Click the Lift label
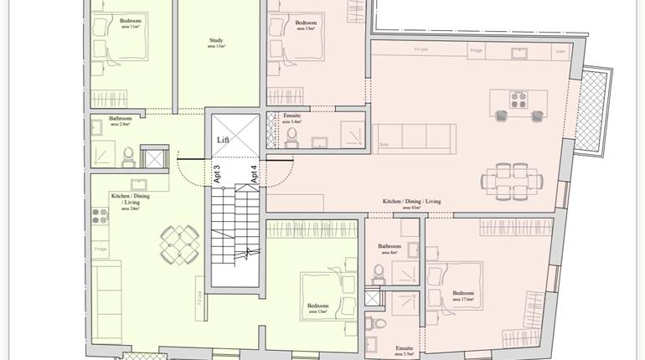coord(223,141)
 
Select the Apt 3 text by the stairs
coord(217,173)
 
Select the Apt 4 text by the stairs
coord(253,173)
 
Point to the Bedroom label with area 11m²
coord(130,22)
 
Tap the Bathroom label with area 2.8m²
coord(120,120)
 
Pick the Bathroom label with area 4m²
coord(390,248)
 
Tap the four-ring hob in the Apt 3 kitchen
coord(99,215)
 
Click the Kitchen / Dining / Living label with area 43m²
coord(412,203)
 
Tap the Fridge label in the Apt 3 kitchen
coord(101,249)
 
